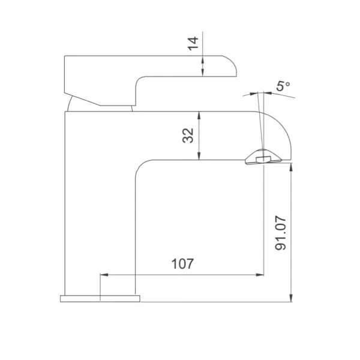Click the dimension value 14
point(193,43)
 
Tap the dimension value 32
point(188,136)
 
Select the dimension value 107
point(182,264)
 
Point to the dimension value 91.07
point(281,233)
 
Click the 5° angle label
point(283,86)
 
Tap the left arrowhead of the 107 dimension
point(104,275)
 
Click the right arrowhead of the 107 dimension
point(260,275)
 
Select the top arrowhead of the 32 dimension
point(199,115)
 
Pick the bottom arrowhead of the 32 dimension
point(199,155)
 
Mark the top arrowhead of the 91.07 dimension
point(291,167)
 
